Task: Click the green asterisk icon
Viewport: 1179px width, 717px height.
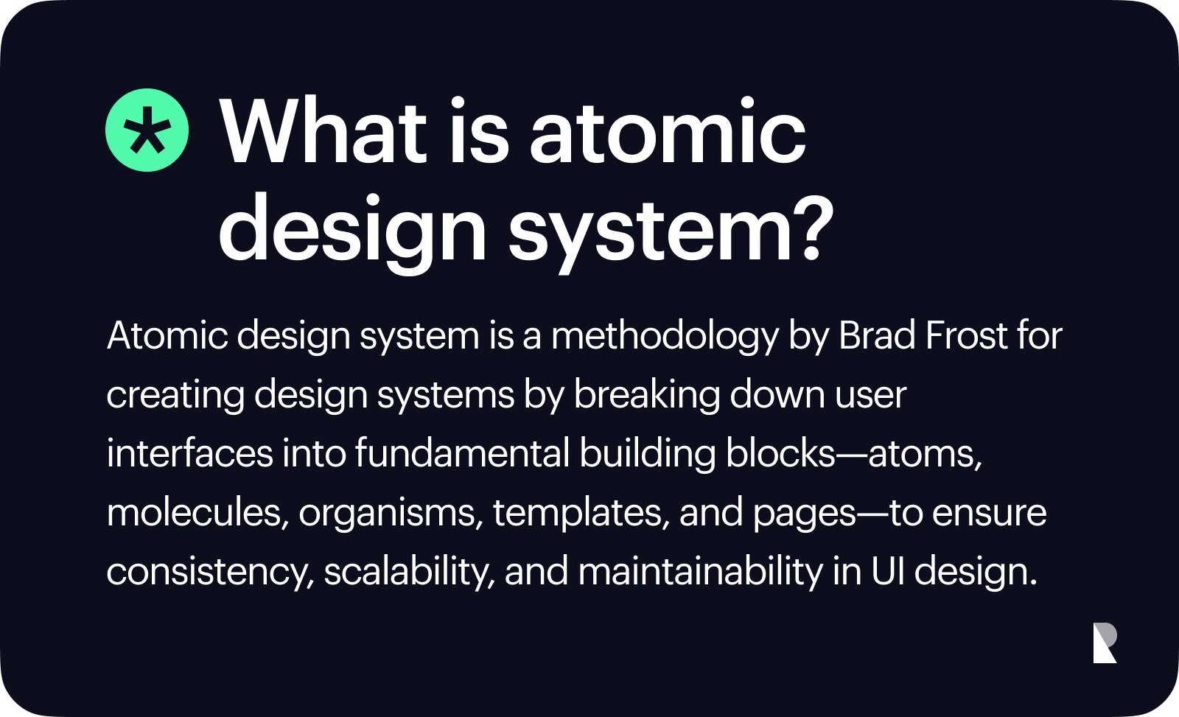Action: click(x=147, y=130)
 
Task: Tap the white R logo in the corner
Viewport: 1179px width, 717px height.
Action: click(x=1105, y=643)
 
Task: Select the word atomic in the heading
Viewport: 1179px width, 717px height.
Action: click(x=668, y=131)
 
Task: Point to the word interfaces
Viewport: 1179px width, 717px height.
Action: click(x=190, y=452)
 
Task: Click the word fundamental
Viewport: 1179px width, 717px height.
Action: click(x=462, y=452)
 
